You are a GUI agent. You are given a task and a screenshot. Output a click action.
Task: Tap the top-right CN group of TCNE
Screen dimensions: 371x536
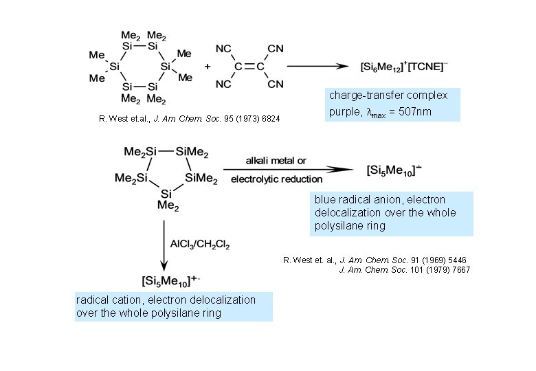click(276, 49)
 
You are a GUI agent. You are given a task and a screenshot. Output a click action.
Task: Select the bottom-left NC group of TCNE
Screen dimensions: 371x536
click(223, 85)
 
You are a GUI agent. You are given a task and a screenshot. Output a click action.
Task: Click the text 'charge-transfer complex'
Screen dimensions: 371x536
click(388, 95)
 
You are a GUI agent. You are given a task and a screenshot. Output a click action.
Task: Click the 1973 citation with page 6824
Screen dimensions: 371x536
click(190, 120)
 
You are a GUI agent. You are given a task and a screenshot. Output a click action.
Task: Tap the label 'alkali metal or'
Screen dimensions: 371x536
click(276, 161)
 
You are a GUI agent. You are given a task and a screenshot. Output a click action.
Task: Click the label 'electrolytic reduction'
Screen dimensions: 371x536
click(276, 180)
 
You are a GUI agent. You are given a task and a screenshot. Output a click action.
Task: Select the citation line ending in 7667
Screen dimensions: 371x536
click(405, 270)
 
